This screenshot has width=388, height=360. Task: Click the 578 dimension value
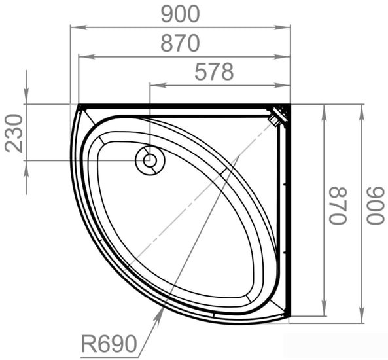click(214, 72)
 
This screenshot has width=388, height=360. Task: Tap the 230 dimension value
click(14, 132)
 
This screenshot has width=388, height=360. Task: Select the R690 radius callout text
click(109, 343)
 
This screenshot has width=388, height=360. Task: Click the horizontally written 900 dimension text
click(180, 13)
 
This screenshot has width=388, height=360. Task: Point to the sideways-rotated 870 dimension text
click(338, 206)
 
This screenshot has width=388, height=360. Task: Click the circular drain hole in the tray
click(150, 160)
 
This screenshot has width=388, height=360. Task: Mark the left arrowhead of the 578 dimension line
click(154, 84)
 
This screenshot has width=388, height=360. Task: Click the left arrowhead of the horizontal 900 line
click(75, 27)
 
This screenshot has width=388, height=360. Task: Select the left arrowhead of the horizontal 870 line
click(82, 57)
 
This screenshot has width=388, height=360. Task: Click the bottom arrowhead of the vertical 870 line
click(324, 312)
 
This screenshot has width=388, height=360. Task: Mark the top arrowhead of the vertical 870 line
click(324, 109)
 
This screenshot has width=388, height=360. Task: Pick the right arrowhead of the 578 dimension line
click(285, 84)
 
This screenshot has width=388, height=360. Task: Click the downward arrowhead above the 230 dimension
click(26, 99)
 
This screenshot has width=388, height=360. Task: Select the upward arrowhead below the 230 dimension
click(26, 165)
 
